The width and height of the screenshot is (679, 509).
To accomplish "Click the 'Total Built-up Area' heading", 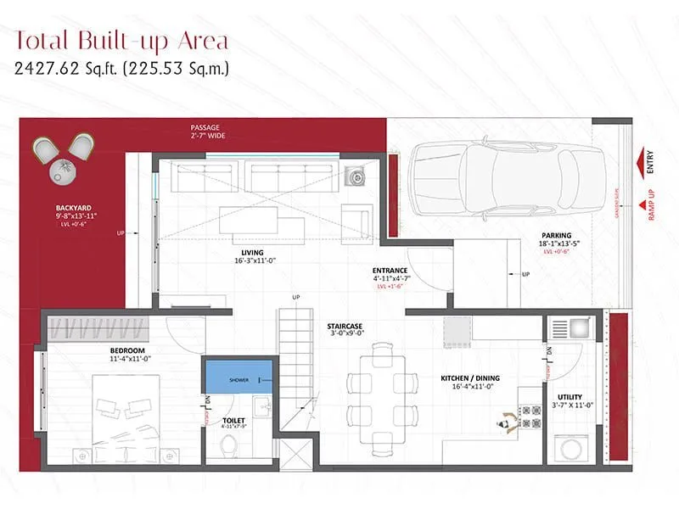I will (x=121, y=40).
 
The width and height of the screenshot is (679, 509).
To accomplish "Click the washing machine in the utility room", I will (x=570, y=445).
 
